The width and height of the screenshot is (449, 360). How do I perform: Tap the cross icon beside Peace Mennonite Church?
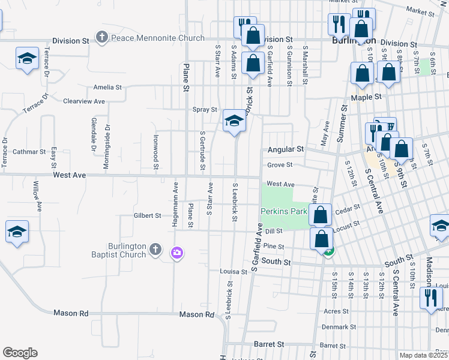(102, 38)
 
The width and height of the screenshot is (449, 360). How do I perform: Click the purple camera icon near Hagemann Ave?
(176, 253)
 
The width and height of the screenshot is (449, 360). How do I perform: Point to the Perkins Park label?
(284, 211)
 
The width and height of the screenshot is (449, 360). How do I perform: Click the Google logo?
(20, 353)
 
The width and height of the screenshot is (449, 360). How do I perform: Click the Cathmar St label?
(29, 152)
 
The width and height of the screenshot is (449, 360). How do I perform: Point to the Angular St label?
(286, 149)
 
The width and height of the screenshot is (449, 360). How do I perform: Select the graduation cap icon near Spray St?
(234, 121)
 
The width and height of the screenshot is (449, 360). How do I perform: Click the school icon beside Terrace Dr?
(27, 59)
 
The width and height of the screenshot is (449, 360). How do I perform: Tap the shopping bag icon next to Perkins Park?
(321, 214)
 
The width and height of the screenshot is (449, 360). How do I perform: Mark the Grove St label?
(280, 165)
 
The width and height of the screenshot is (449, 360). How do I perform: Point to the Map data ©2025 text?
(424, 355)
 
